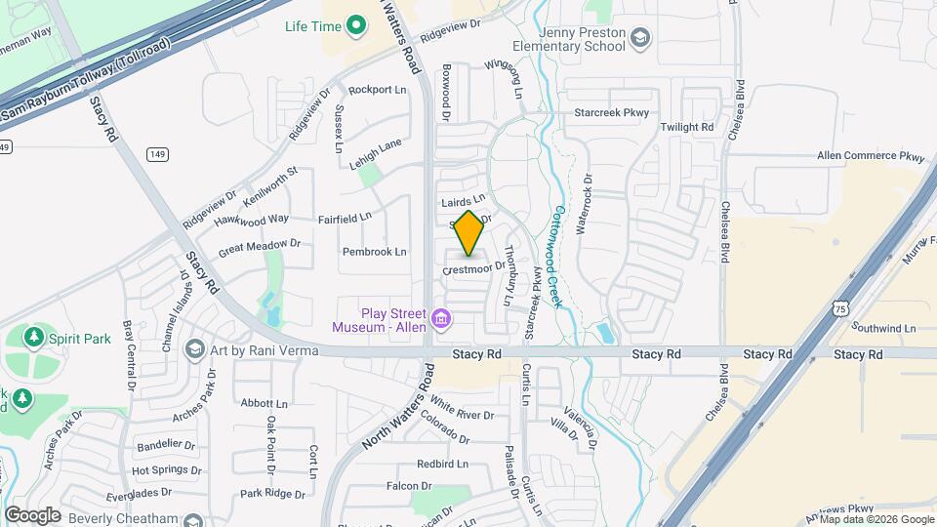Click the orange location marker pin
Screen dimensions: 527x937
(469, 233)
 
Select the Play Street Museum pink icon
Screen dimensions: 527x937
(441, 319)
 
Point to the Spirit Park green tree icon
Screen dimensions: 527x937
(34, 338)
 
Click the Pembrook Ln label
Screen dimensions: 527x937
(374, 252)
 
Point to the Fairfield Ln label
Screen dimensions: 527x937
(346, 218)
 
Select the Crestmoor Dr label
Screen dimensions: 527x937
(474, 266)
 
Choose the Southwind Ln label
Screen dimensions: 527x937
(883, 328)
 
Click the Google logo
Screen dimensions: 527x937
(32, 514)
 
